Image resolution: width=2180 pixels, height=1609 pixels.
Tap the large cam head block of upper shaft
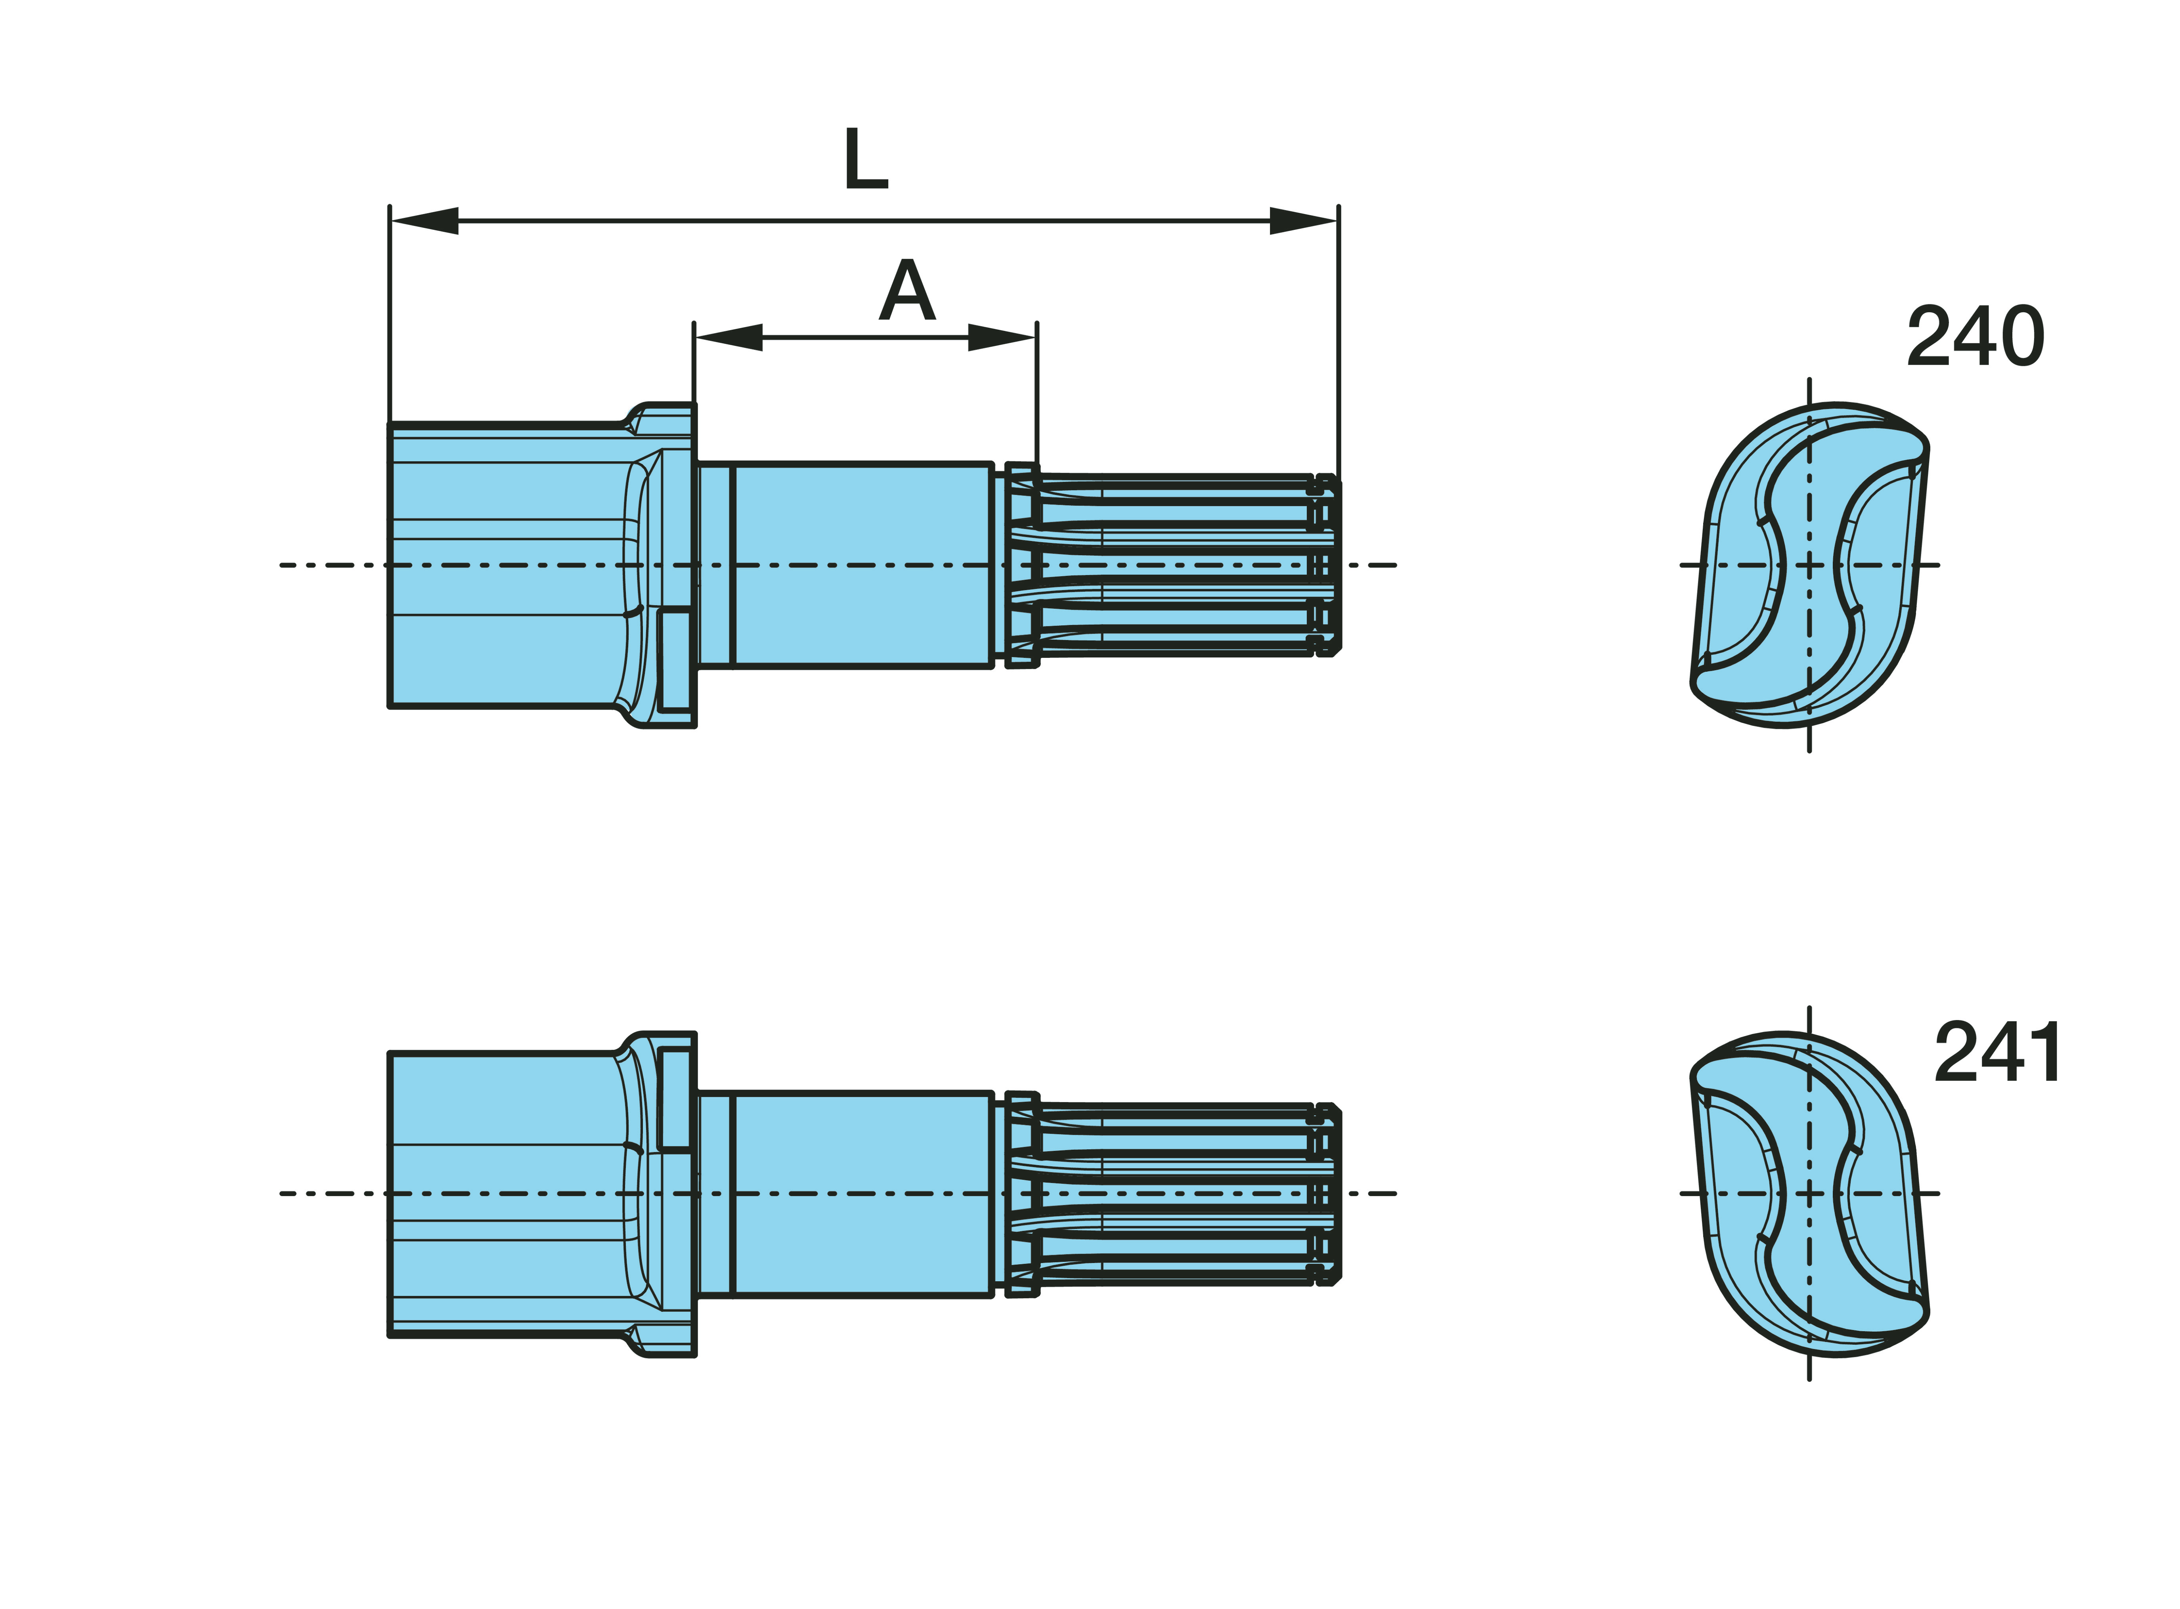click(507, 565)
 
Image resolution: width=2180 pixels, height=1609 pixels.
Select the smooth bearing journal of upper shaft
click(862, 565)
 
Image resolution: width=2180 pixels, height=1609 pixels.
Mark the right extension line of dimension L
click(1339, 341)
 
